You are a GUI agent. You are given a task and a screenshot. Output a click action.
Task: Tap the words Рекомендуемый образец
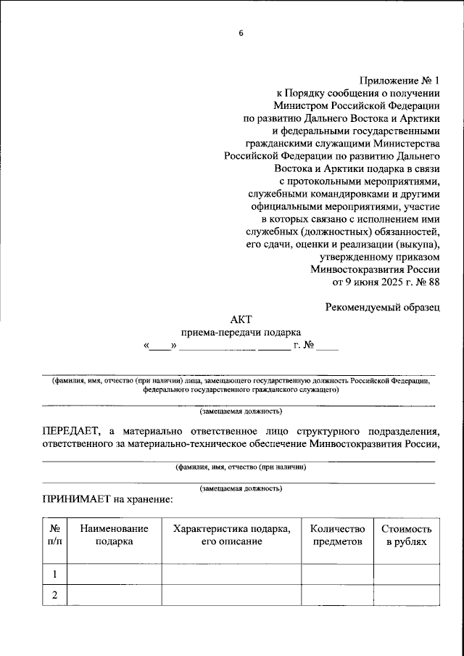(x=382, y=306)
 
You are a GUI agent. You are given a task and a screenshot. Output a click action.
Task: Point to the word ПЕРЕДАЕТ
(x=73, y=431)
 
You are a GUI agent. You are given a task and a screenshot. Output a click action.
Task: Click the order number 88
(x=433, y=281)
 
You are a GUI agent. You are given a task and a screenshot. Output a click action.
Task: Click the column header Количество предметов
(x=336, y=536)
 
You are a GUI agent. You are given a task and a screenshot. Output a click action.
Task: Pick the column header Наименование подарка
(x=114, y=536)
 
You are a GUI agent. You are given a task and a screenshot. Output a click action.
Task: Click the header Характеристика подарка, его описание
(x=231, y=536)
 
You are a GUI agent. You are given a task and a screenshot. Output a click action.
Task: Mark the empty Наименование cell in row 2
(x=114, y=595)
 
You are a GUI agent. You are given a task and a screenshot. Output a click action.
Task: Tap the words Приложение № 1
(x=399, y=81)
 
